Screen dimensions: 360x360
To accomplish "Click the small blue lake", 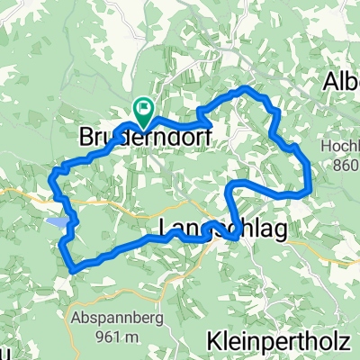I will [56, 221].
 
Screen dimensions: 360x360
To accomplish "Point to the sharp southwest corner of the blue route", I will [71, 267].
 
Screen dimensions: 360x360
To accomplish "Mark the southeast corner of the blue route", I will [310, 192].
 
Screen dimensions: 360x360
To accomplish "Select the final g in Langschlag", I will [280, 232].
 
